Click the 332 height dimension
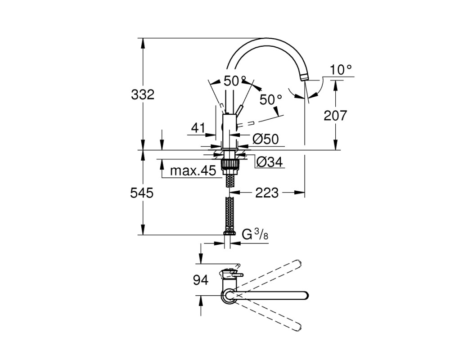click(x=143, y=94)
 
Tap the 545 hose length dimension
click(x=142, y=193)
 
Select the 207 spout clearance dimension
click(x=335, y=115)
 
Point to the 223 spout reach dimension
click(x=267, y=193)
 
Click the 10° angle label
click(x=341, y=70)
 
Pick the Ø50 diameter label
click(x=266, y=139)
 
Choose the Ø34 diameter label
click(x=270, y=162)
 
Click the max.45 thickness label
click(x=193, y=171)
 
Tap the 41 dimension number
click(x=198, y=128)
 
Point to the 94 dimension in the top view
click(x=201, y=280)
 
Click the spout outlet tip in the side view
click(x=305, y=77)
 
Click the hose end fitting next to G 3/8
click(x=229, y=232)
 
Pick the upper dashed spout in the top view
click(x=268, y=275)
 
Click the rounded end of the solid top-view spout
click(x=306, y=295)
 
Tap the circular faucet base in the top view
click(x=228, y=296)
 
